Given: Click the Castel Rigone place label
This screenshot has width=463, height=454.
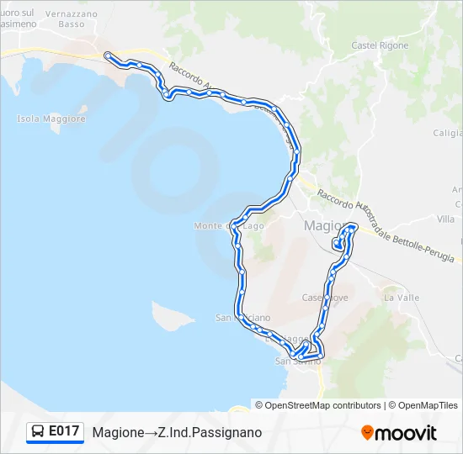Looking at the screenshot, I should point(380,45).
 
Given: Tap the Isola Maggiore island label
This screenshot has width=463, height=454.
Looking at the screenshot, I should point(51,119).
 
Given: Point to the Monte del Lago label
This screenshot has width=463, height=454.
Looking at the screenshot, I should point(228,225).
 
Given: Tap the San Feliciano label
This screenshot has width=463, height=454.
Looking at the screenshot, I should point(242,318).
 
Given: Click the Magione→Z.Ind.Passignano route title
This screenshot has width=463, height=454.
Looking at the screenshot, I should point(177,432).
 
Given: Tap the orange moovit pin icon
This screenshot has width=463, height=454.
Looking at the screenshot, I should point(367,433).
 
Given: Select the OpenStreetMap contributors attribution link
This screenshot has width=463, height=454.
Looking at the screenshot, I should point(322,405).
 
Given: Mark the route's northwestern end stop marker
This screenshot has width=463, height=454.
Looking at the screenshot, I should point(107,55).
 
